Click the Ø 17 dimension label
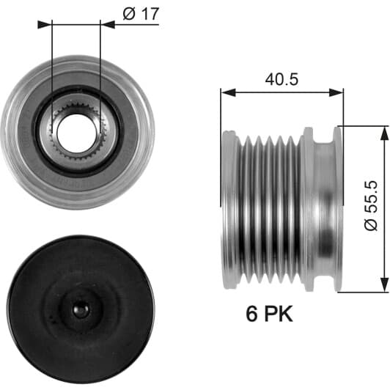coord(141,14)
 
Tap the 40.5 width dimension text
coord(282,79)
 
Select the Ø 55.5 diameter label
coord(372,206)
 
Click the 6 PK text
coord(269,314)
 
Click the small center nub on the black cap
coord(81,309)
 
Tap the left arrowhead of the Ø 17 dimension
coord(45,25)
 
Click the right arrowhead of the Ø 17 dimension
coord(108,25)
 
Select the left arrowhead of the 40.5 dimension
coord(228,92)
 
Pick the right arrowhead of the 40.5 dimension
coord(336,92)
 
